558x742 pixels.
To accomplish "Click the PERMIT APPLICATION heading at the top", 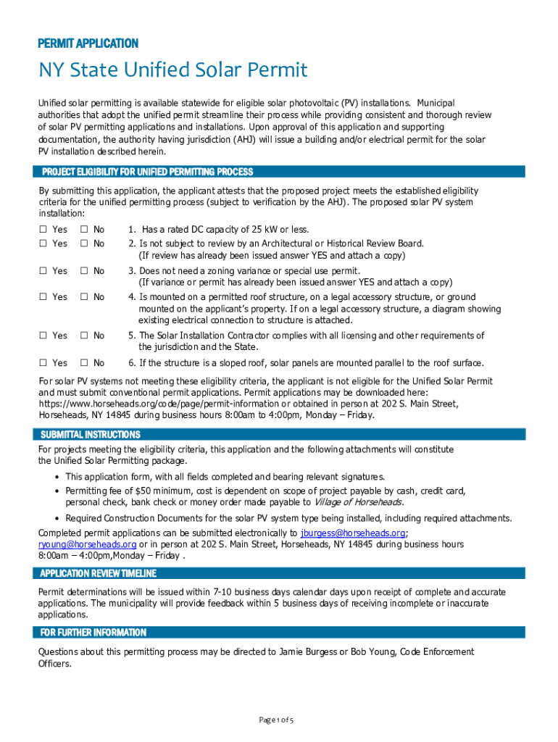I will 88,43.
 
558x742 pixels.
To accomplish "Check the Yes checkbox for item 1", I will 43,230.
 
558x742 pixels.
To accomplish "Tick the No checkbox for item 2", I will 84,243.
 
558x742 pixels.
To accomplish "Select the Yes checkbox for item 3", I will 43,271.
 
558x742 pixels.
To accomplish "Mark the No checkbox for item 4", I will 84,297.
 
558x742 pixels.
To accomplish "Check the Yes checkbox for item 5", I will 43,336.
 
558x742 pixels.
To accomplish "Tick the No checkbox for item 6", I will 84,363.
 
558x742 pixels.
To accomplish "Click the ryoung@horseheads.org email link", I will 87,544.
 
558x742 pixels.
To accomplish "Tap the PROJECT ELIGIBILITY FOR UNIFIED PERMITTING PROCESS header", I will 147,172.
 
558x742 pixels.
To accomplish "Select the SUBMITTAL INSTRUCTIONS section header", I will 91,435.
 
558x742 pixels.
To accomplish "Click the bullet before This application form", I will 57,477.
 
